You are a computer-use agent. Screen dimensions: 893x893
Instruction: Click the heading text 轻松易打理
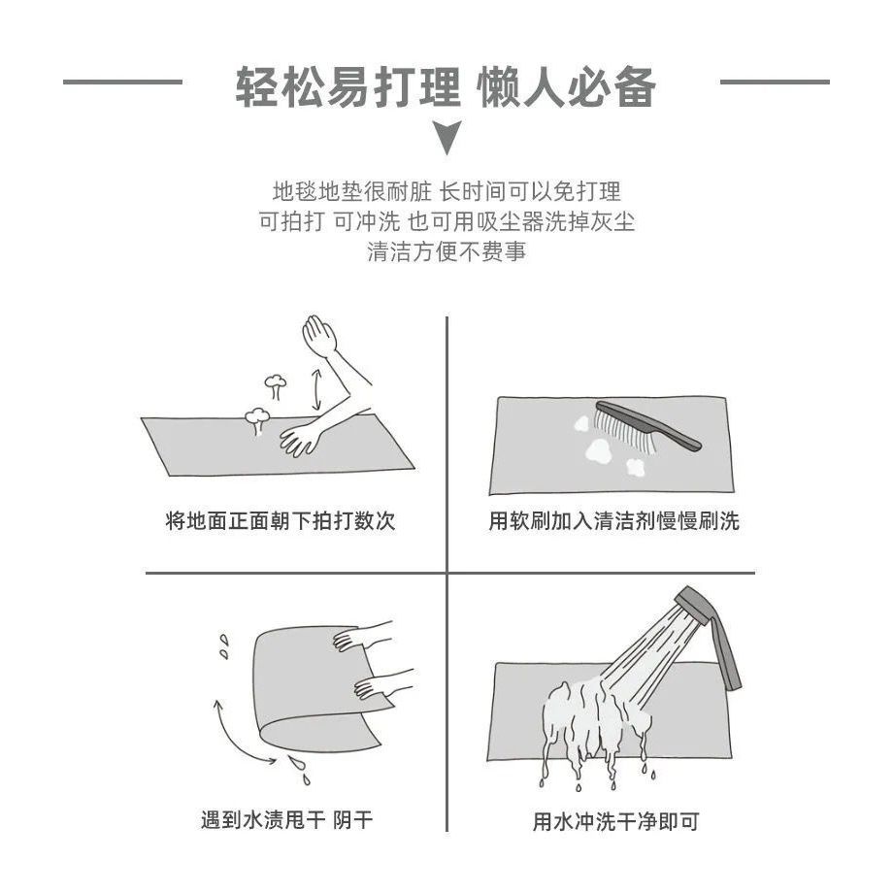(x=347, y=87)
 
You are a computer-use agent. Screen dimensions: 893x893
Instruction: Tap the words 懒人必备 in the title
(x=567, y=87)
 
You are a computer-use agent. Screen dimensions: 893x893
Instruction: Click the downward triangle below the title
(x=447, y=137)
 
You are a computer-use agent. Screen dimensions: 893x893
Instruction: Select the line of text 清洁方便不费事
(x=446, y=251)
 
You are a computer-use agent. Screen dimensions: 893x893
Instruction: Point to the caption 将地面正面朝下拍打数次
(x=281, y=520)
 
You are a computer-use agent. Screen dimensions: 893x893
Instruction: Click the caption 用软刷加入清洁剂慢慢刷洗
(x=613, y=520)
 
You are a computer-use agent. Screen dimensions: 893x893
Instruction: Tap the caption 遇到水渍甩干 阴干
(x=286, y=820)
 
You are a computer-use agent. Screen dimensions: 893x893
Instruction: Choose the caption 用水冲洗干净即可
(x=615, y=821)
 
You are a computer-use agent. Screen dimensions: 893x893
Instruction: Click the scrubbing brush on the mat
(x=647, y=426)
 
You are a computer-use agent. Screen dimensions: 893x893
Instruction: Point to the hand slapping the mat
(x=300, y=440)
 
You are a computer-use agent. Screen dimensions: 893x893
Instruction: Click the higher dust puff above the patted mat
(x=276, y=385)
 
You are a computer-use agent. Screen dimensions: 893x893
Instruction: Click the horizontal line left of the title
(x=122, y=82)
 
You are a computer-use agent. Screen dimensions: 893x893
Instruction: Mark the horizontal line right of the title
(x=775, y=82)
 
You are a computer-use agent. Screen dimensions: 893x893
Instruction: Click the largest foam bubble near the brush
(x=599, y=449)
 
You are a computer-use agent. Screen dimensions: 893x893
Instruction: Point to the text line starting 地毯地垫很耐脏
(x=446, y=191)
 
